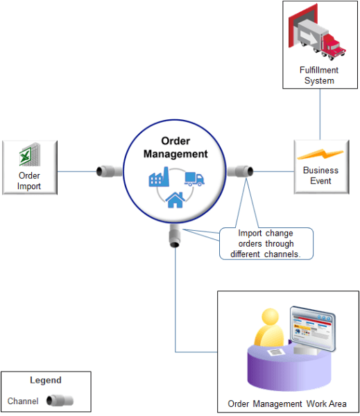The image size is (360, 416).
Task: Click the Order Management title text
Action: [x=175, y=147]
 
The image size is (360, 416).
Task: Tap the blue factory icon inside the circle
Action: [x=160, y=179]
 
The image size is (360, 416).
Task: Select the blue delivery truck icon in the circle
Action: [x=194, y=179]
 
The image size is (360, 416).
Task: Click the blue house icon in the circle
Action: [x=175, y=200]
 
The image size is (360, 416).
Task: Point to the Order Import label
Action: [x=29, y=180]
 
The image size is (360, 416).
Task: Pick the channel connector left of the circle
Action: [x=108, y=171]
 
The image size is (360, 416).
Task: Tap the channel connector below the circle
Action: [x=175, y=236]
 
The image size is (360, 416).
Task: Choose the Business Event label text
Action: [x=320, y=175]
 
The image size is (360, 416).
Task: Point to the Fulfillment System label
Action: [x=320, y=76]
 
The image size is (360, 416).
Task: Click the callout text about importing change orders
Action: [x=266, y=244]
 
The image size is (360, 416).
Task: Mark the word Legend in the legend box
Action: [x=46, y=380]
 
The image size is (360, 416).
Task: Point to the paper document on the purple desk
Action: [x=277, y=353]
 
